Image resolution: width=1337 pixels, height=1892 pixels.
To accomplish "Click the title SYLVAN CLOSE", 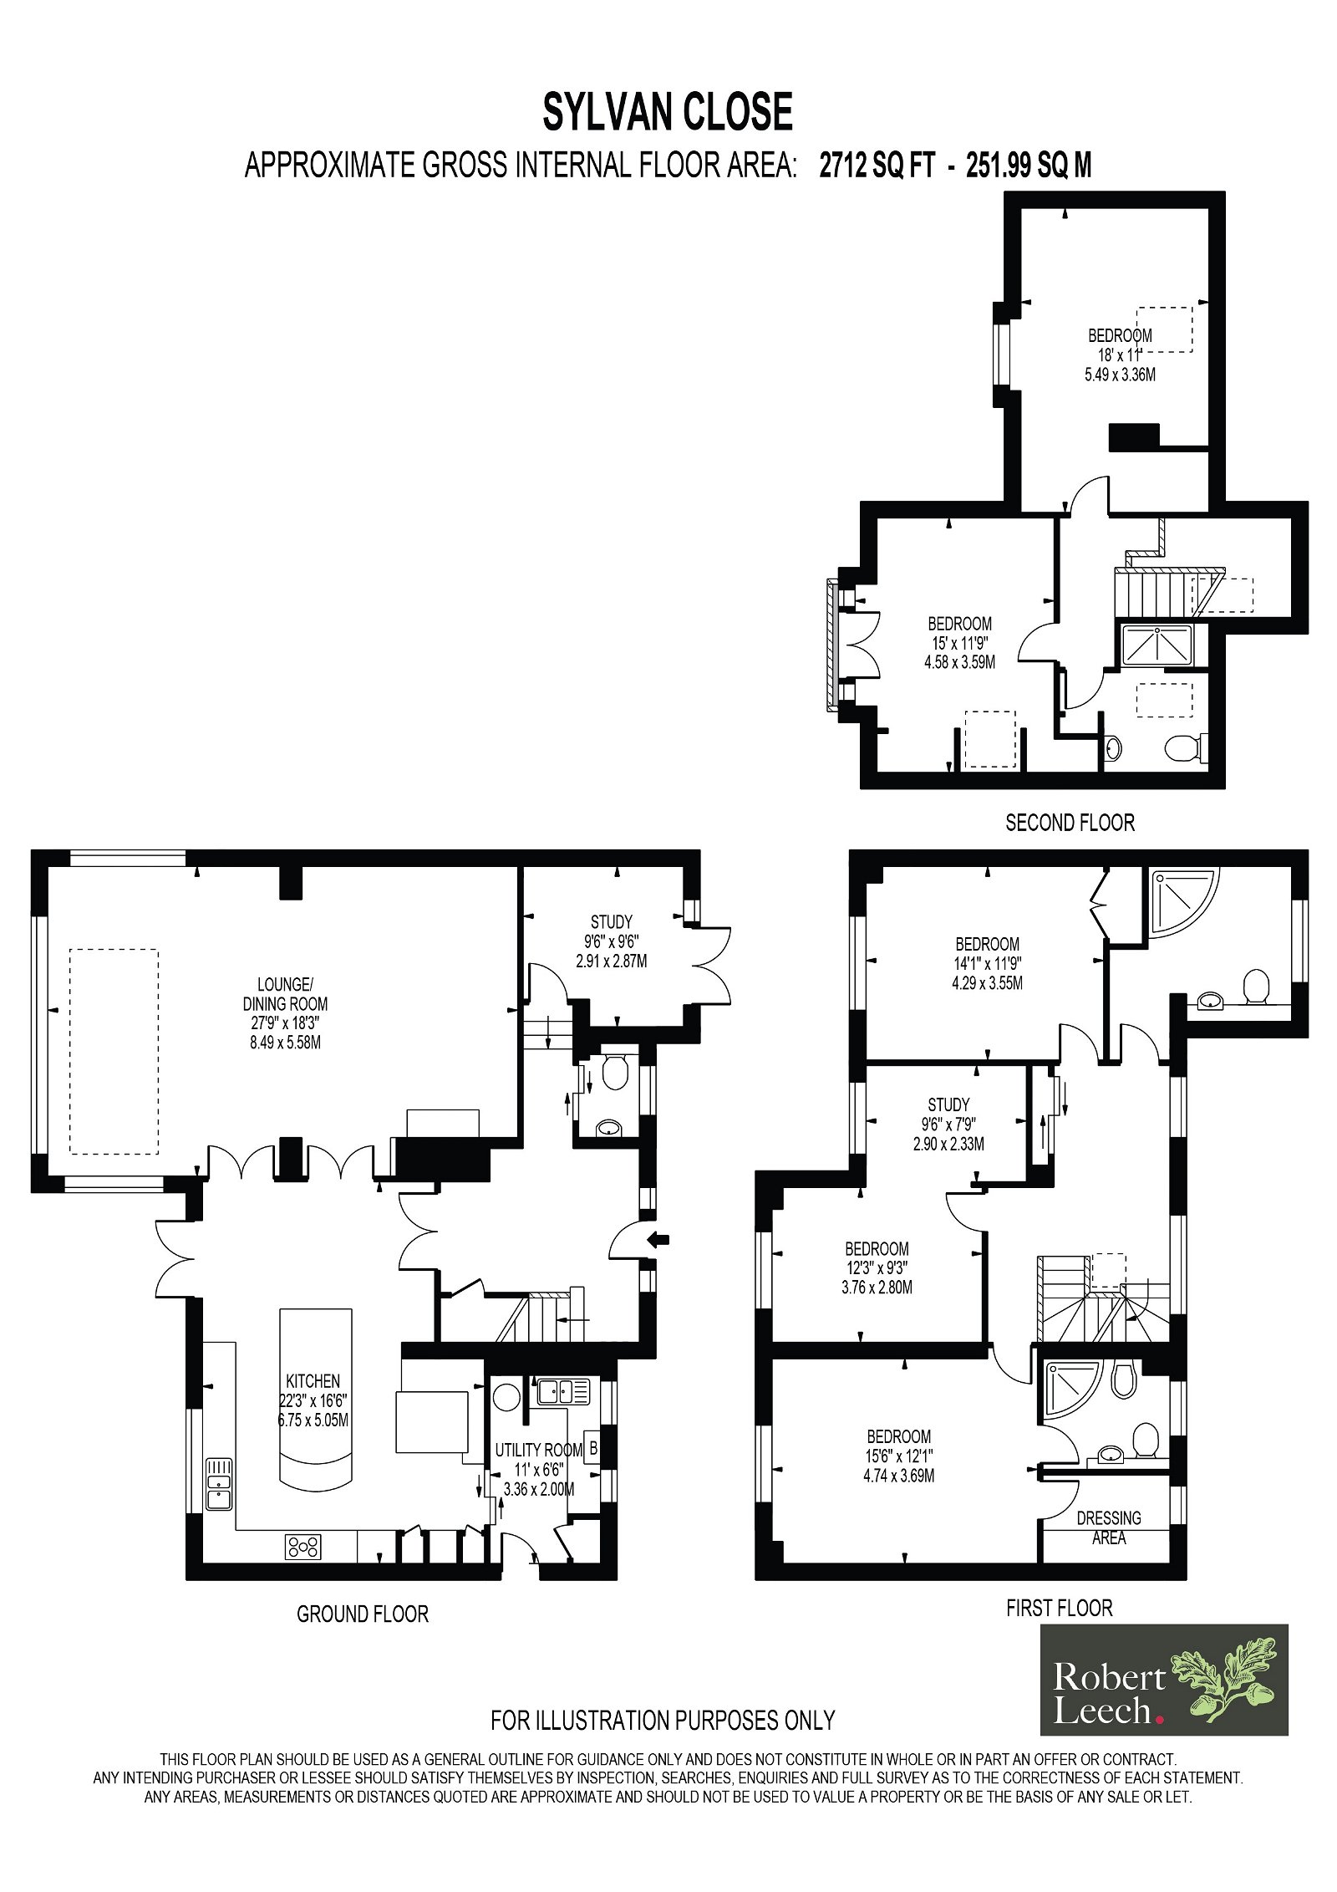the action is [667, 112].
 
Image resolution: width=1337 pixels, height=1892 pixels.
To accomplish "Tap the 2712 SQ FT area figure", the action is [877, 166].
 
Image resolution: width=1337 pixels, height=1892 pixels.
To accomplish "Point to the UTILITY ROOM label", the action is [539, 1450].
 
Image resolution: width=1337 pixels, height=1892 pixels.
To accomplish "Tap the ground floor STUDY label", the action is [612, 922].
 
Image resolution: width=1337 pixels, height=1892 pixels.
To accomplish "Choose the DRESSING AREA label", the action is [1109, 1527].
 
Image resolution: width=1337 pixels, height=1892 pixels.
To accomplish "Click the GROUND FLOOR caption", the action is [363, 1614].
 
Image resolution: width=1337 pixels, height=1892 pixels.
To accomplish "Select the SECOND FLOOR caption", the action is [1070, 823].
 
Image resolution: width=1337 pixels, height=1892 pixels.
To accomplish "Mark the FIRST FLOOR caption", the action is [1060, 1608].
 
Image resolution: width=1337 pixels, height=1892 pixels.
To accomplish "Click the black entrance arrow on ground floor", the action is [659, 1239].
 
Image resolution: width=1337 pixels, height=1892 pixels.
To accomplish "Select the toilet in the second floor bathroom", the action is [1185, 747].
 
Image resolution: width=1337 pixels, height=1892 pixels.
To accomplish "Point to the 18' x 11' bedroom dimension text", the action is [1120, 354].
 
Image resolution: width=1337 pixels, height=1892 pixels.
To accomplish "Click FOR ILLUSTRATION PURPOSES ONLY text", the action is [663, 1720].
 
